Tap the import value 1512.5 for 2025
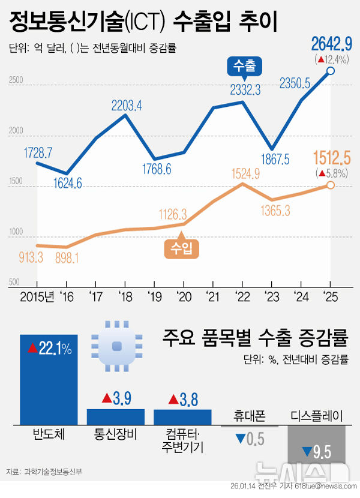331,159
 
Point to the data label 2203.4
126,106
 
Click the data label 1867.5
273,158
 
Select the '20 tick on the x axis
183,296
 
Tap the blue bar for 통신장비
116,418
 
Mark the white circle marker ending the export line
331,72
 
